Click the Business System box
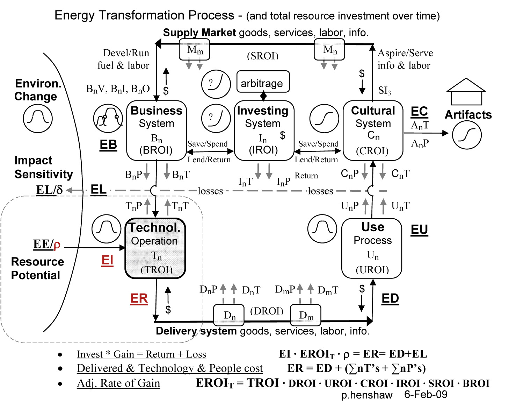point(157,130)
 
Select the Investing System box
point(264,130)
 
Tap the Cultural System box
point(373,130)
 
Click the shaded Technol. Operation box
point(155,248)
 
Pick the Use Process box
point(372,248)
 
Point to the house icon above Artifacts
point(466,92)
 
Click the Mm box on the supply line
point(194,50)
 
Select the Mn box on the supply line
point(329,50)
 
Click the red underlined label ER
point(139,298)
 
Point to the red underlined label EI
point(107,260)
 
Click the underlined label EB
point(108,144)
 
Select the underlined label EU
point(419,229)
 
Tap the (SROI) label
point(263,56)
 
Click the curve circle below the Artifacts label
point(467,135)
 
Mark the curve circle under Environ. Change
point(38,118)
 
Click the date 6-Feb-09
point(426,395)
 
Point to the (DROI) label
point(267,311)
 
